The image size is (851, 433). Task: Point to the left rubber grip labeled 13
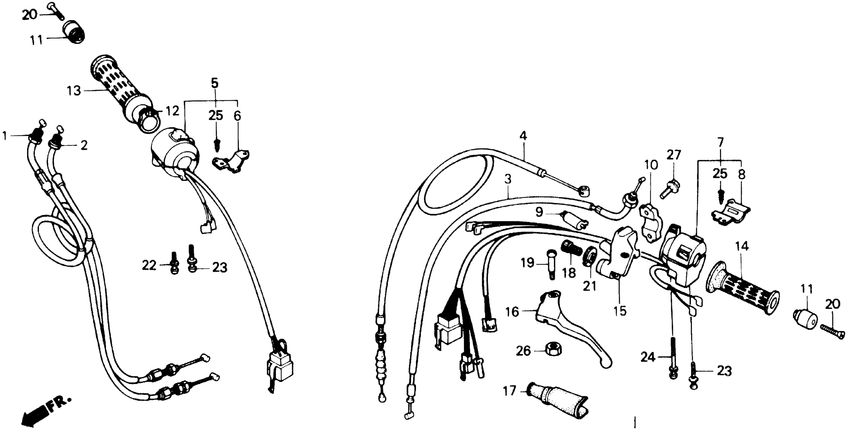click(122, 93)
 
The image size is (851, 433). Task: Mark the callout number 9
click(539, 212)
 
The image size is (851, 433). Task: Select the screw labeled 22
click(175, 266)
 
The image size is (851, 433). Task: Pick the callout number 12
click(172, 111)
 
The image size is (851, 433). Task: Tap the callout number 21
click(590, 286)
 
